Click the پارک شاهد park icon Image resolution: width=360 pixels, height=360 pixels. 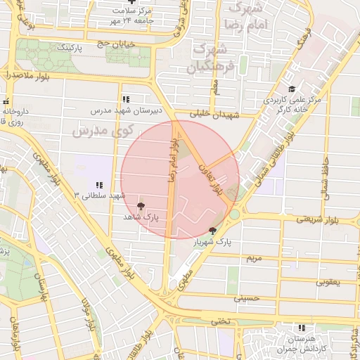[141, 206]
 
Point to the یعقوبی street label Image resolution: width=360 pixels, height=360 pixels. [328, 283]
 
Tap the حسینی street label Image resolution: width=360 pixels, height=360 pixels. [251, 298]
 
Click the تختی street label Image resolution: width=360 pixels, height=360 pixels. [220, 321]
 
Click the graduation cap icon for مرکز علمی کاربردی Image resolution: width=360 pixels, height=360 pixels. [291, 89]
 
